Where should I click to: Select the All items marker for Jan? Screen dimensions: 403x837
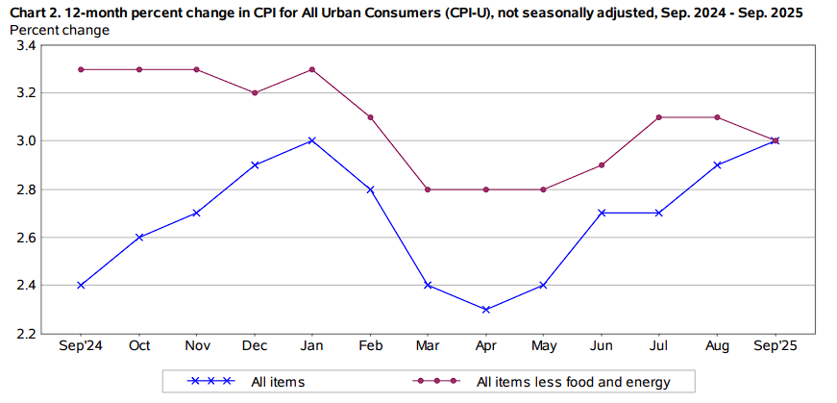coord(311,140)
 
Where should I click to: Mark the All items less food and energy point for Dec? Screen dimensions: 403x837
coord(254,93)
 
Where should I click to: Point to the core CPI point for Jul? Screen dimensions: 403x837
coord(659,117)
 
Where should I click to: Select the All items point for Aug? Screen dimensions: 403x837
coord(717,164)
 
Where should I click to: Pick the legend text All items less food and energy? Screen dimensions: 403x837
coord(573,382)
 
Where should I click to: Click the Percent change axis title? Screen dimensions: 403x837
coord(59,30)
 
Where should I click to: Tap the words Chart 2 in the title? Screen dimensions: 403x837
coord(36,13)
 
